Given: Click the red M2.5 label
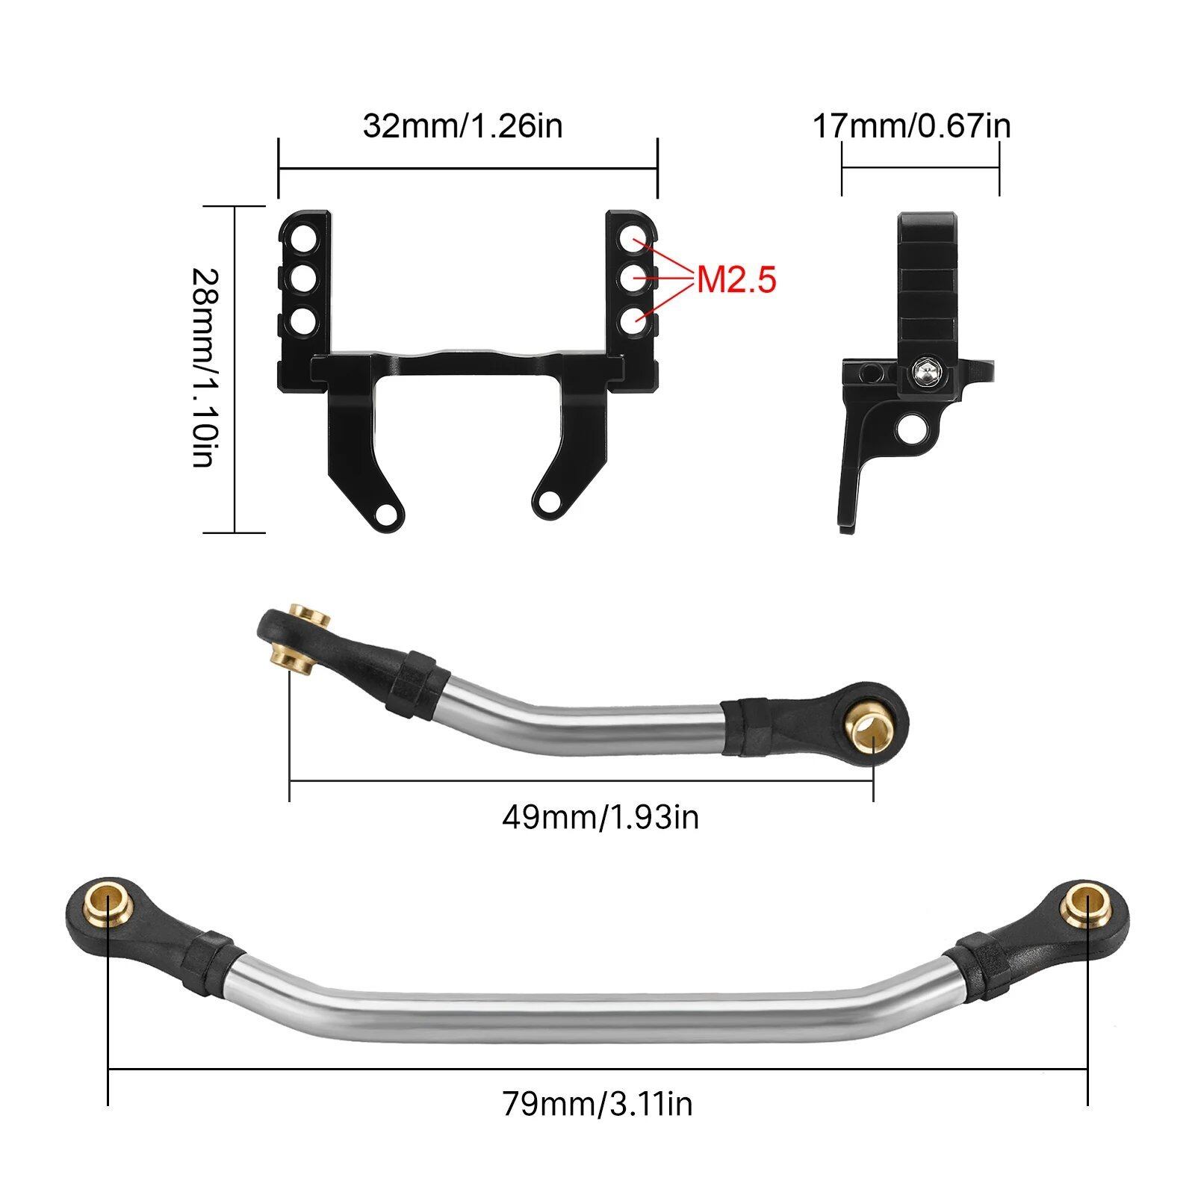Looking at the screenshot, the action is (737, 280).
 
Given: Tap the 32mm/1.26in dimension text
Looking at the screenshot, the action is (463, 125).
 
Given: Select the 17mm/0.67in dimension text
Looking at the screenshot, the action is (912, 125).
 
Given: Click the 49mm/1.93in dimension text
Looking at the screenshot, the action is (600, 817).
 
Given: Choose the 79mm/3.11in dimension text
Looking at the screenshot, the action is (597, 1103).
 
